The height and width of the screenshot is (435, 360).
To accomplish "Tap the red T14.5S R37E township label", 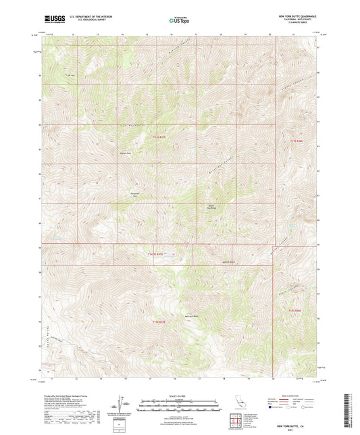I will point(155,254).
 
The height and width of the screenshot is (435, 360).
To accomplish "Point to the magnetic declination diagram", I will point(122,404).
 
